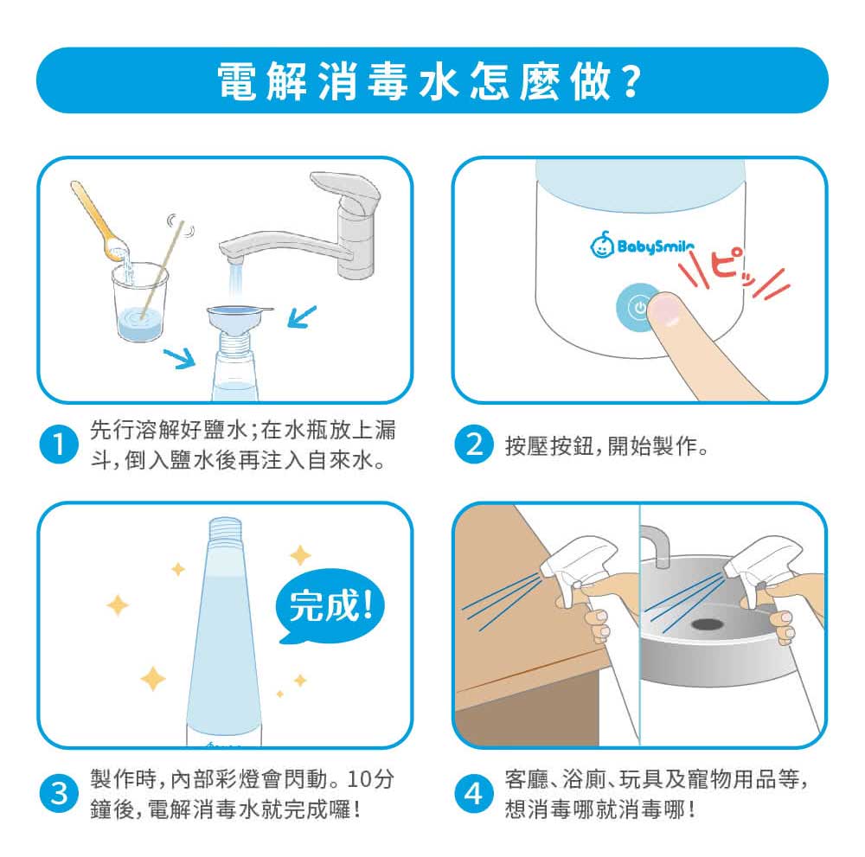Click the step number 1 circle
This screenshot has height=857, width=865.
click(59, 444)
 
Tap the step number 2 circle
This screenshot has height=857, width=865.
click(473, 444)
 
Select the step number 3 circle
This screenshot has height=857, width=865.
click(59, 794)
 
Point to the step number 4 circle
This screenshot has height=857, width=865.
click(473, 794)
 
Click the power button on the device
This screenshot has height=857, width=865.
click(636, 308)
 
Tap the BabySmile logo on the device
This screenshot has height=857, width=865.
click(641, 245)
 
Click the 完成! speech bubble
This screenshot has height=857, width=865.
click(329, 605)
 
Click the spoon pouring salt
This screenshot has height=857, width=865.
click(99, 221)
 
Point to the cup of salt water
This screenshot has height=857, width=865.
click(139, 301)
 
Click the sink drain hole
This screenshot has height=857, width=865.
click(707, 624)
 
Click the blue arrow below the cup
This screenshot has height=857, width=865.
click(180, 358)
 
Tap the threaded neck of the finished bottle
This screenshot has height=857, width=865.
click(225, 529)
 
